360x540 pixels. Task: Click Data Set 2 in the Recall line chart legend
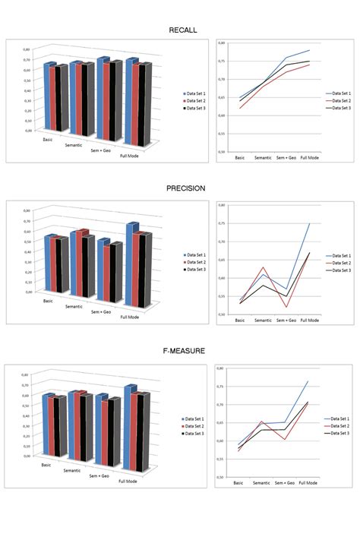coord(339,101)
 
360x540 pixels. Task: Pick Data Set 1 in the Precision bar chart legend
coord(196,255)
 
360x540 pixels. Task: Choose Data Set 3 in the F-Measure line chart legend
coord(339,432)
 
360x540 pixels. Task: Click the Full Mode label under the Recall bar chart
coord(137,156)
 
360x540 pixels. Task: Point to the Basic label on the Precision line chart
coord(240,320)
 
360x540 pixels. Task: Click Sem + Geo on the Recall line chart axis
coord(286,157)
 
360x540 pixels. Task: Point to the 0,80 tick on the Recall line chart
coord(222,43)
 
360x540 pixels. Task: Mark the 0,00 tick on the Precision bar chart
coord(27,292)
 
